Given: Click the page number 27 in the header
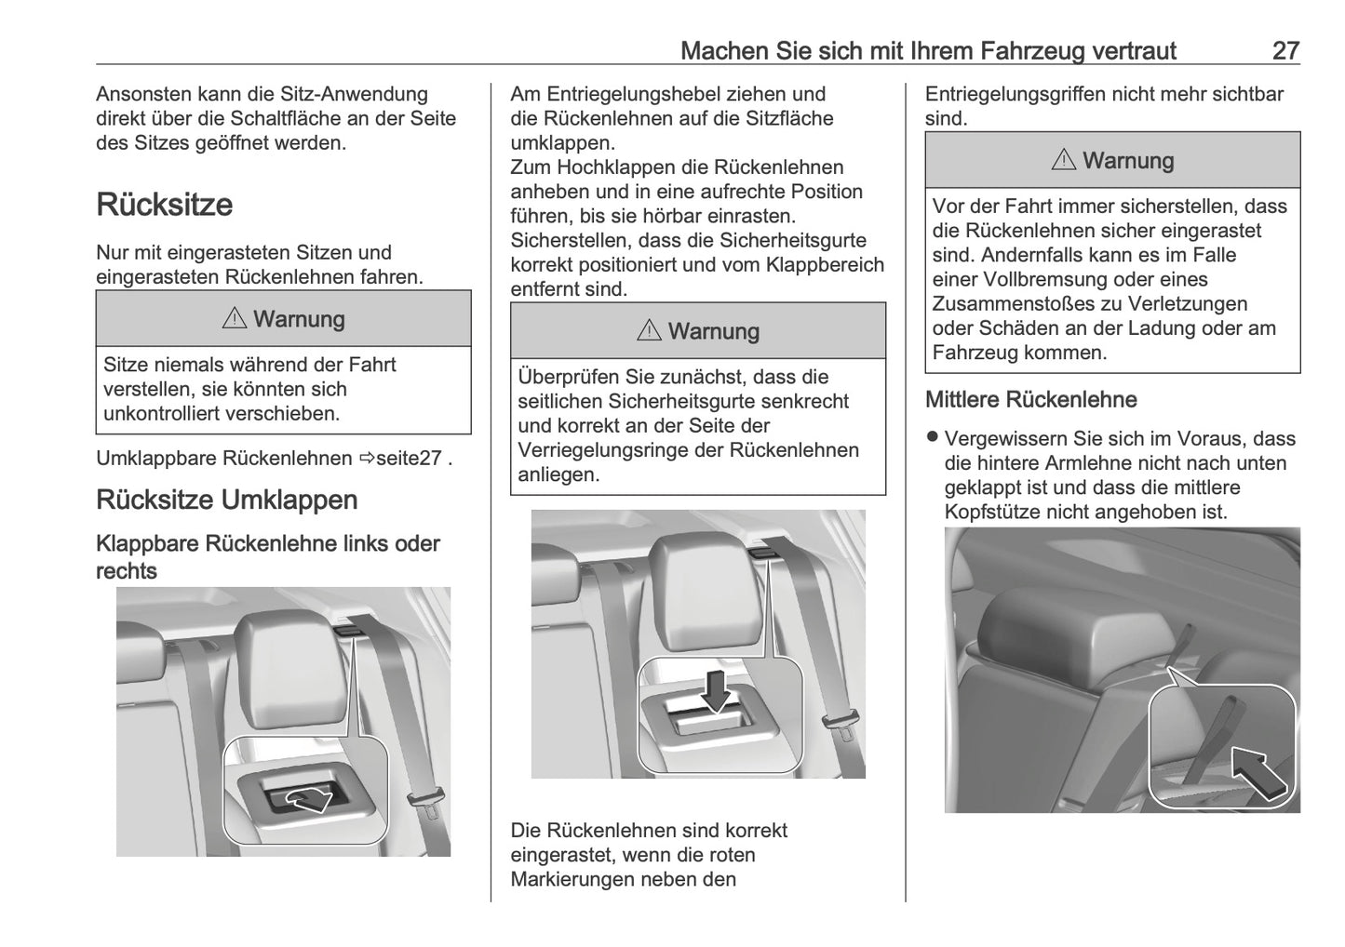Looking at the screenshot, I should coord(1284,50).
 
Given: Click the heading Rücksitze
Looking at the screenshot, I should coord(164,205).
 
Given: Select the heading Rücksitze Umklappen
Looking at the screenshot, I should coord(226,500).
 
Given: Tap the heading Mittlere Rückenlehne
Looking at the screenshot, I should coord(1030,400).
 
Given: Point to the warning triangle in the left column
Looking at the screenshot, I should coord(235,319).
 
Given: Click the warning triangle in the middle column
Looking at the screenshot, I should coord(649,331).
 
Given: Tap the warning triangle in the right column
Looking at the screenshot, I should coord(1064,161).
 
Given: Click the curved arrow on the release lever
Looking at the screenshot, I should coord(308,797).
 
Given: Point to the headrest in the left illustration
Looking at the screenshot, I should coord(279,665).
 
